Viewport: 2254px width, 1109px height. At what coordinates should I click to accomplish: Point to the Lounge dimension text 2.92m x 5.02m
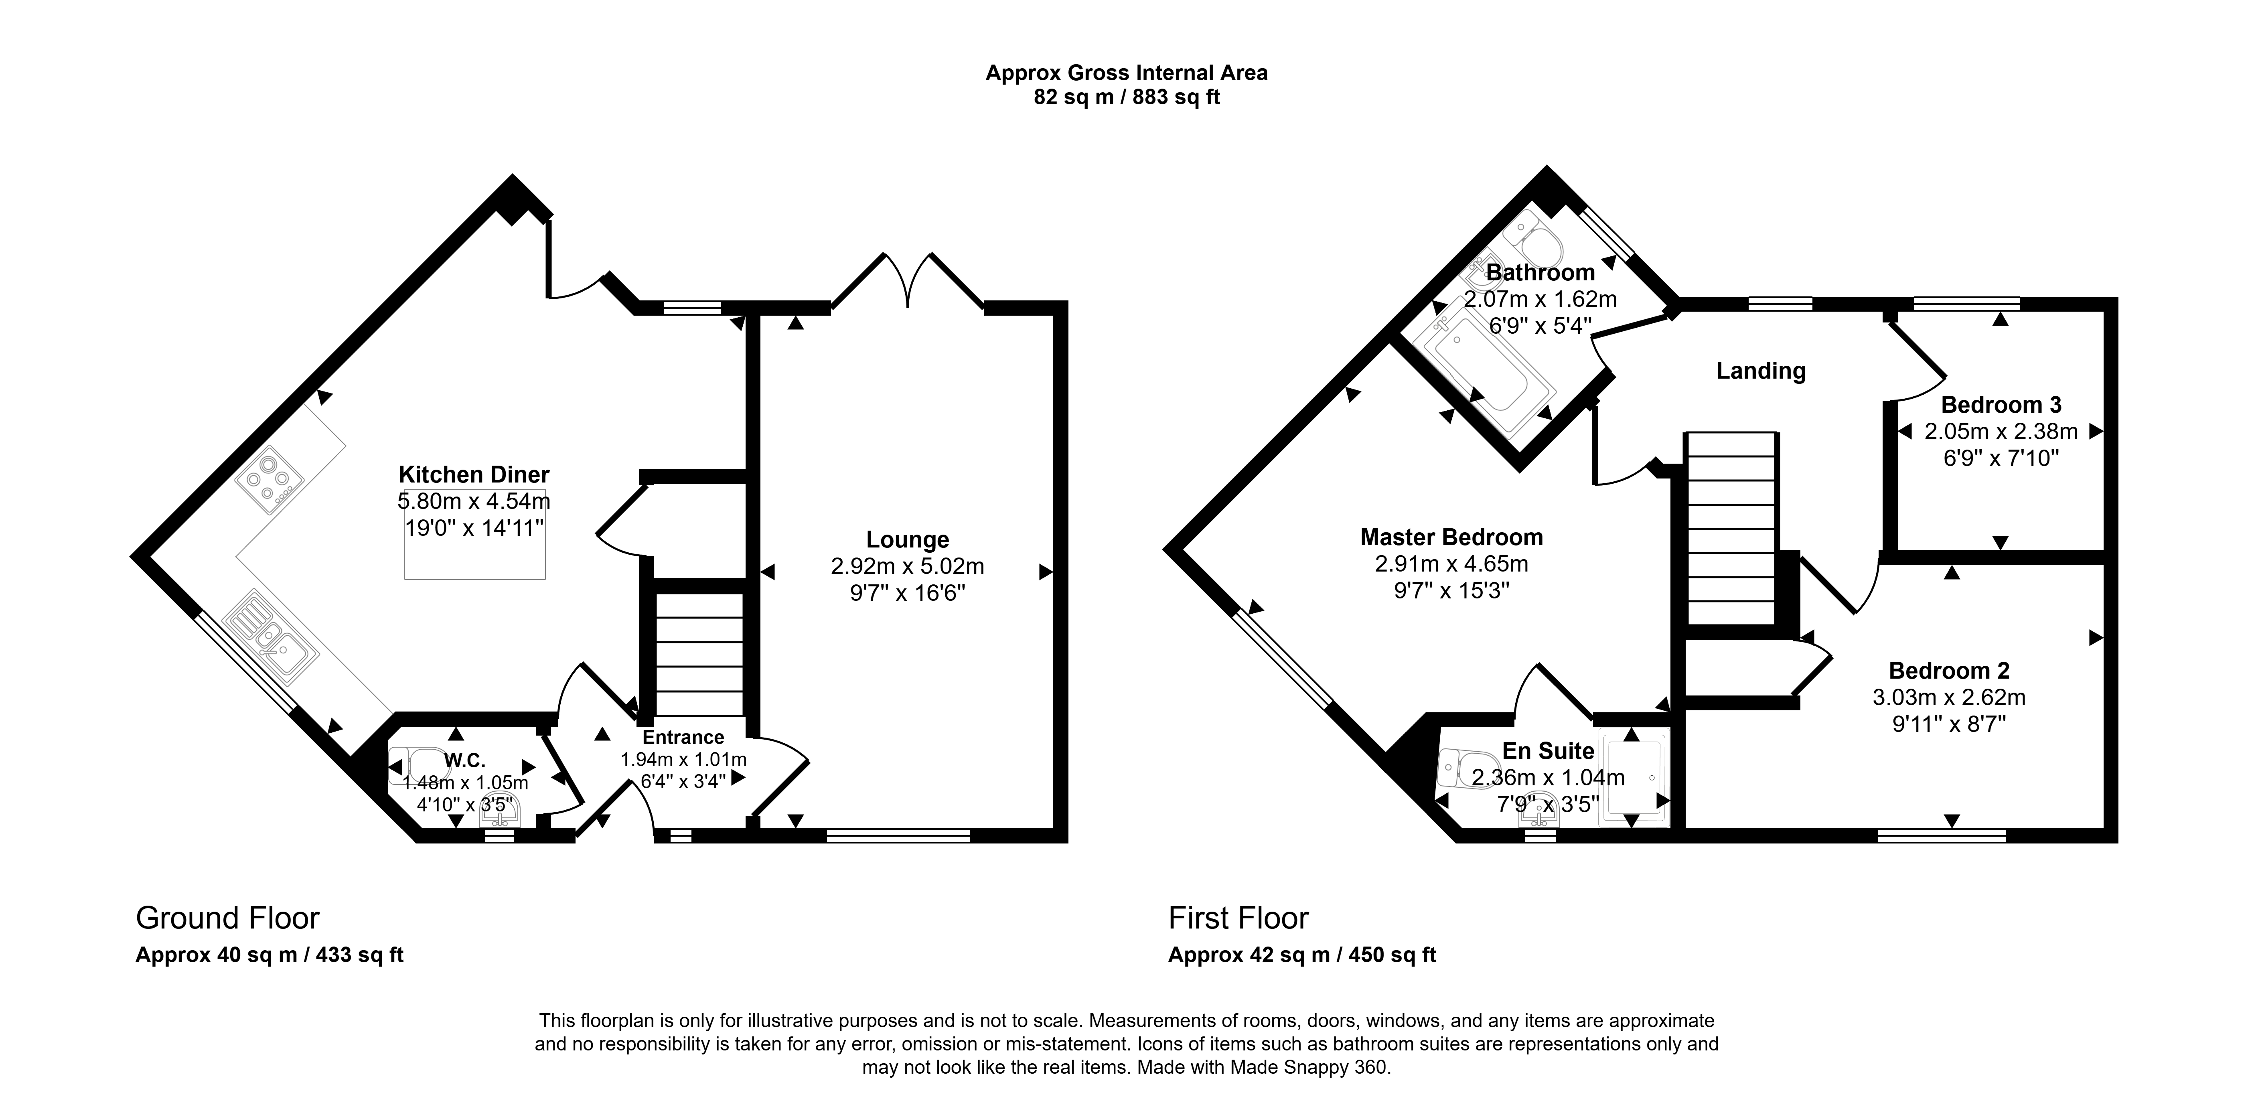click(907, 566)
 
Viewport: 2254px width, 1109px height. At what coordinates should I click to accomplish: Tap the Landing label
click(1761, 371)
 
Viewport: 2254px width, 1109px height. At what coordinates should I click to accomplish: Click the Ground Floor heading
click(227, 918)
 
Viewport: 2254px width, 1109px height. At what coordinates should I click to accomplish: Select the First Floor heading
click(1238, 918)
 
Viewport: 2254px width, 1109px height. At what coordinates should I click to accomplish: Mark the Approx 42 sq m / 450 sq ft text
click(1302, 955)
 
